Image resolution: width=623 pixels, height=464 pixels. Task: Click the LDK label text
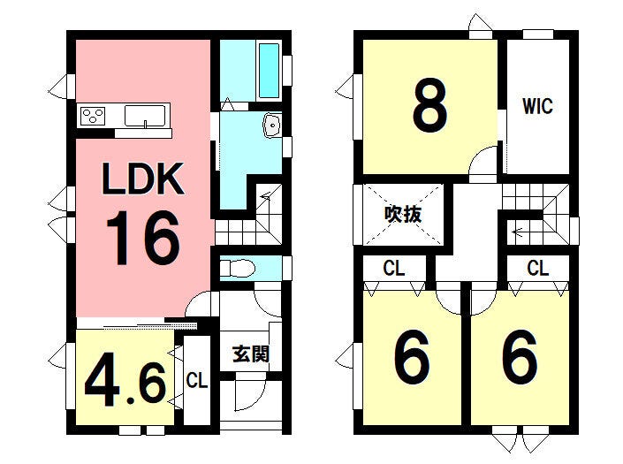tap(143, 179)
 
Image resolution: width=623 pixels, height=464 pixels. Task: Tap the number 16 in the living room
tap(143, 238)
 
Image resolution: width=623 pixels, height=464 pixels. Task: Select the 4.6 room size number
tap(125, 384)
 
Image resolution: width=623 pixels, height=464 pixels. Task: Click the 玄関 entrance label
tap(251, 354)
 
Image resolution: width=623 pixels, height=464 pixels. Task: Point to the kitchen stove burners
tap(93, 116)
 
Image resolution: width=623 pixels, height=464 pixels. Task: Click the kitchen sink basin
tap(145, 116)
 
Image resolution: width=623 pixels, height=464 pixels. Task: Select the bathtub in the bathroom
tap(269, 71)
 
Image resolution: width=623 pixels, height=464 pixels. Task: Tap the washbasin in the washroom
tap(272, 126)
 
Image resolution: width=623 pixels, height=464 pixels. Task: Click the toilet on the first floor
tap(237, 269)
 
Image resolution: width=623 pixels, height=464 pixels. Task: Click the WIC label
tap(537, 106)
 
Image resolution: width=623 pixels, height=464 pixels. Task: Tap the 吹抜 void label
tap(403, 215)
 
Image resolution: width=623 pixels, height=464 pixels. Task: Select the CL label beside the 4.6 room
tap(197, 381)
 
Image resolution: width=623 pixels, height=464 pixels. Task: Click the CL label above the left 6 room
tap(394, 269)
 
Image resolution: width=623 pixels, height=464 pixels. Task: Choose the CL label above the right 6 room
tap(538, 268)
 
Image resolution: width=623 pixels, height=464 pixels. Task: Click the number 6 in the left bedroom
tap(412, 357)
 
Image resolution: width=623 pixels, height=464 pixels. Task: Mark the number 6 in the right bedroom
tap(520, 357)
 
